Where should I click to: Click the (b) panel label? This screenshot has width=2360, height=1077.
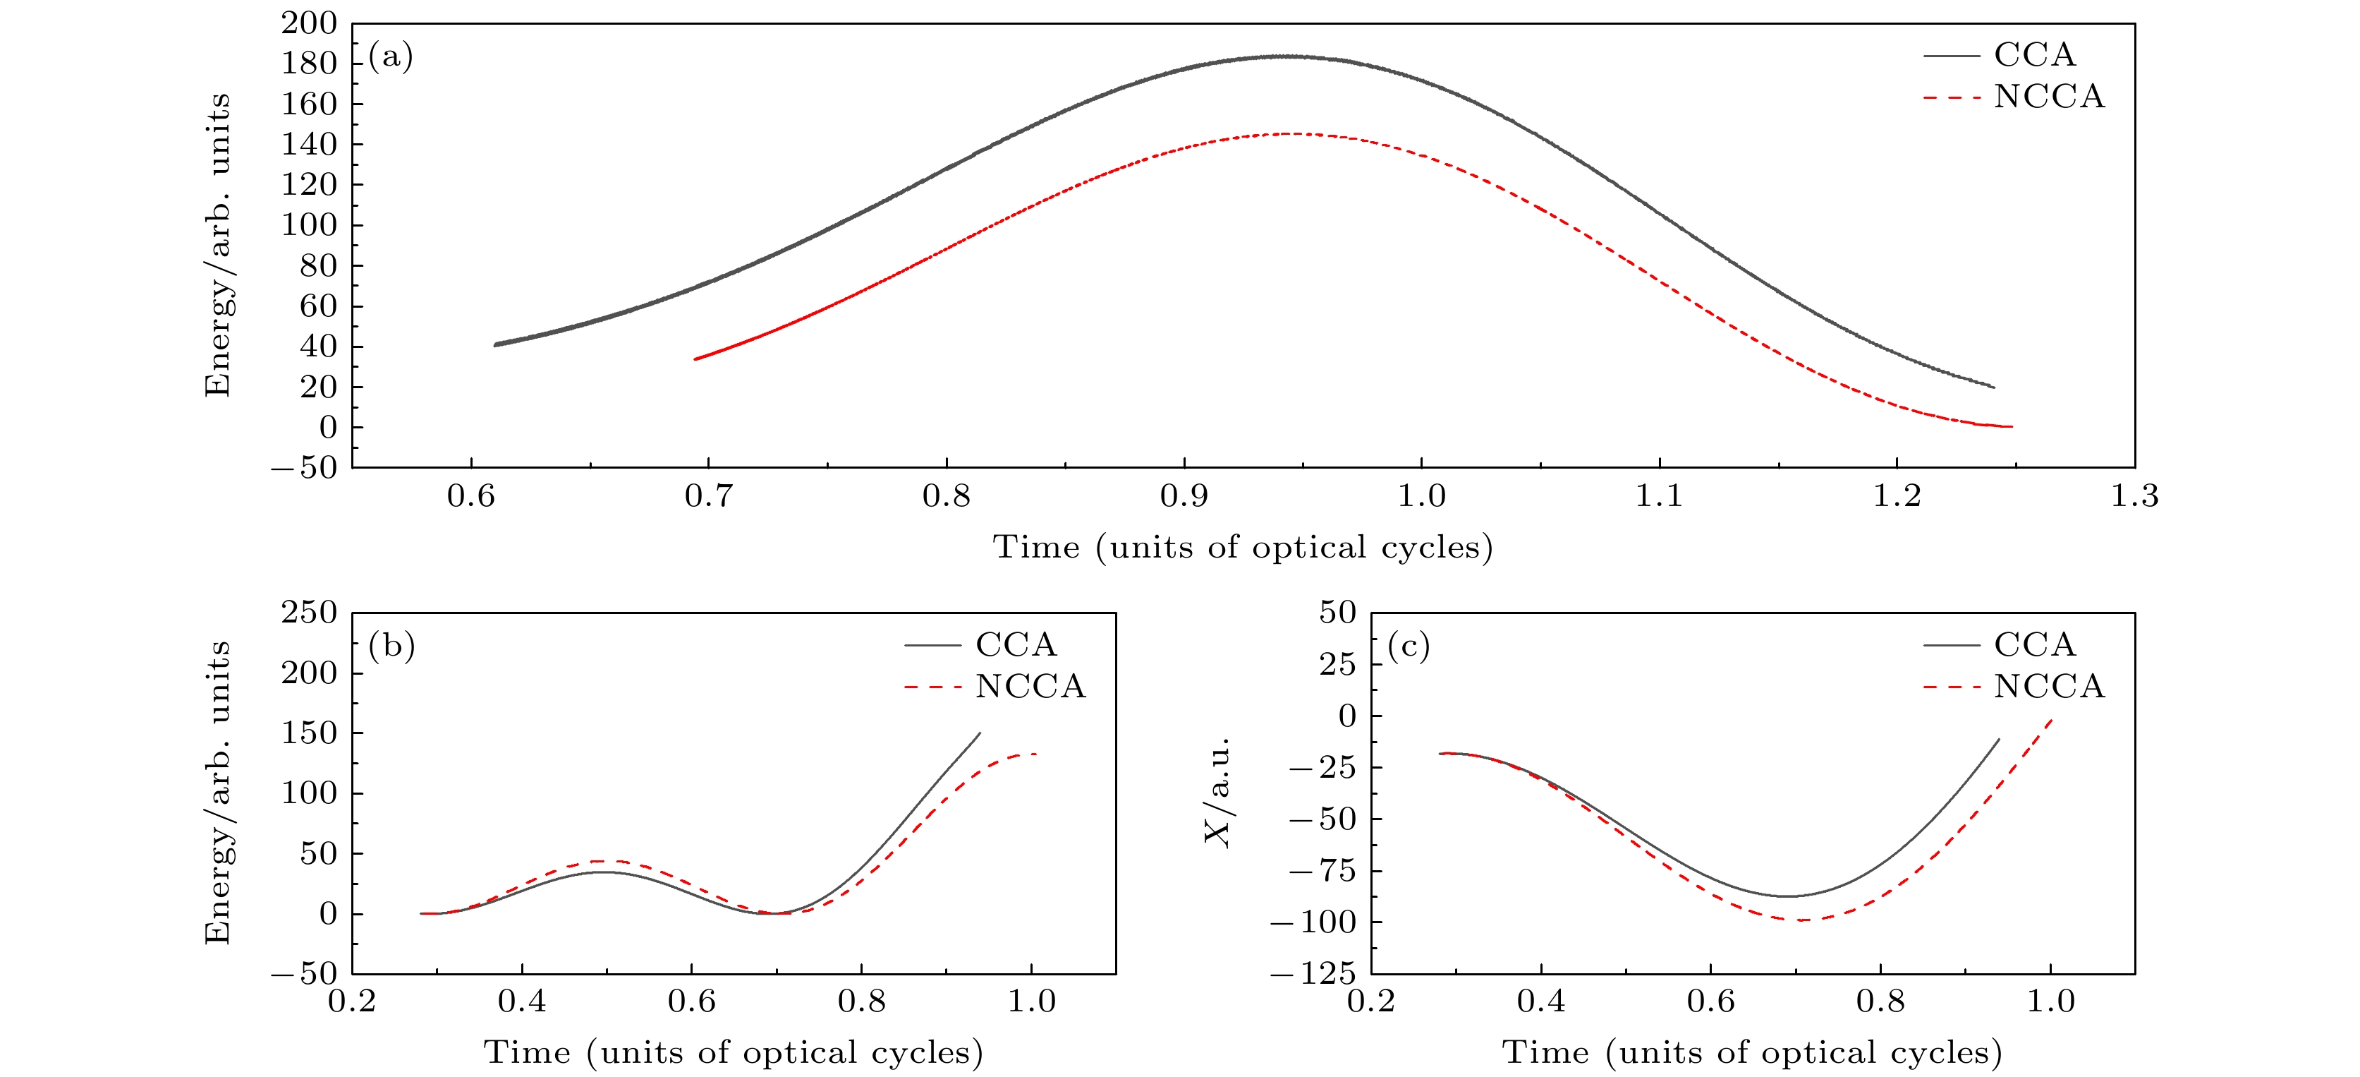coord(391,646)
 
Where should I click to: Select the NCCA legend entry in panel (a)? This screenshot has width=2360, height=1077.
coord(2048,96)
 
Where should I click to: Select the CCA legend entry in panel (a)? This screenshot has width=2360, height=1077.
coord(2034,55)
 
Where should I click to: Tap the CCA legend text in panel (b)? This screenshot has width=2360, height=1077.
coord(1016,644)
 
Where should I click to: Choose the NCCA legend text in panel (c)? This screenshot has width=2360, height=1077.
coord(2048,687)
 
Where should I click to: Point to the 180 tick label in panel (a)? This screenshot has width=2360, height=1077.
coord(309,64)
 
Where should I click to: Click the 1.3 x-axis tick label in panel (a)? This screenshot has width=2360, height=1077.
coord(2134,497)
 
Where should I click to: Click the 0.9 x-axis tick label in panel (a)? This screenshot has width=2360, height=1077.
coord(1184,497)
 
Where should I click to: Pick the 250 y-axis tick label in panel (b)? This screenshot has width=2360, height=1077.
coord(309,613)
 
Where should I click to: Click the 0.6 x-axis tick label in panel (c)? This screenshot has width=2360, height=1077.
coord(1710,1001)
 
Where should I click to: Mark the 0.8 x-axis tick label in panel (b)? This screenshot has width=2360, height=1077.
coord(861,1001)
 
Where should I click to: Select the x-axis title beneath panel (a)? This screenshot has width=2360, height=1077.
coord(1242,547)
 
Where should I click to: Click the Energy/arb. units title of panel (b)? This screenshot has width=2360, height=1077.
coord(217,792)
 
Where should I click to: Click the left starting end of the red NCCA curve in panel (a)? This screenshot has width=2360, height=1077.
coord(695,359)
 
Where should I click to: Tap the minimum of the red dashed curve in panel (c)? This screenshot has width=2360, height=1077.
coord(1800,920)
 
